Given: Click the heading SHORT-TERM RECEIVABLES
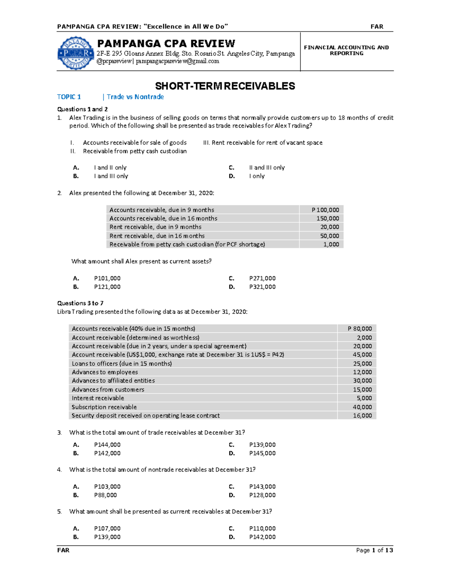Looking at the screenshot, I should click(x=225, y=86).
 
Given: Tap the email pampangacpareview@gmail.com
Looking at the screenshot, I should click(x=177, y=61).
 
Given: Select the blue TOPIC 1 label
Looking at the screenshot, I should click(x=69, y=97).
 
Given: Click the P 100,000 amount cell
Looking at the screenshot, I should click(x=325, y=210).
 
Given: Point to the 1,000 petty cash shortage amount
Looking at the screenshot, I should click(x=331, y=244).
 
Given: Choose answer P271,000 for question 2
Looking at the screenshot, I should click(x=262, y=278).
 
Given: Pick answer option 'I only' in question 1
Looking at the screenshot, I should click(x=257, y=176).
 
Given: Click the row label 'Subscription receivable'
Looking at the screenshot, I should click(x=104, y=407).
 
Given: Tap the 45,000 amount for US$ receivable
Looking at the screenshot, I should click(x=362, y=355).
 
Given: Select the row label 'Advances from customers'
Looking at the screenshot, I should click(x=108, y=390).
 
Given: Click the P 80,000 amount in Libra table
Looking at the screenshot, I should click(x=360, y=328).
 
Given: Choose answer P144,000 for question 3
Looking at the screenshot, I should click(x=107, y=445).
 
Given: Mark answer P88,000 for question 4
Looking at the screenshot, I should click(x=105, y=495).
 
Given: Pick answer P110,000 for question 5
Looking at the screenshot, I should click(x=262, y=529).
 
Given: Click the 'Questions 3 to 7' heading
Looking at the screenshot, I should click(x=80, y=303).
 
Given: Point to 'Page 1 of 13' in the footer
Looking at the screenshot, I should click(x=374, y=550).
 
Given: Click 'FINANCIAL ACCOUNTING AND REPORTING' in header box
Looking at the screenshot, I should click(x=346, y=50).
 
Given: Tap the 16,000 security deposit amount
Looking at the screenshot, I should click(x=362, y=416).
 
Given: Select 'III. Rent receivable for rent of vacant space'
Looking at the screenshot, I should click(x=262, y=143).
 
